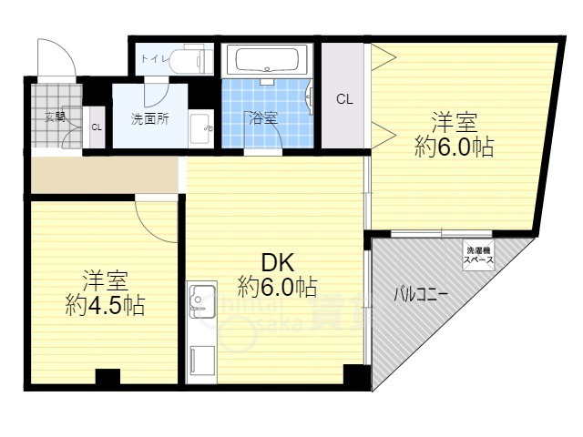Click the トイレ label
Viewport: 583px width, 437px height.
[151, 61]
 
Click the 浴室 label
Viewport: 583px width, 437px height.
[264, 118]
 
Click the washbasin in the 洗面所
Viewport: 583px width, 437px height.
[200, 128]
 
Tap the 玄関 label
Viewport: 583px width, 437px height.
[54, 116]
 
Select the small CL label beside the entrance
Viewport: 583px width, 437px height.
[96, 127]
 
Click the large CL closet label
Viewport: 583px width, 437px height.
[344, 99]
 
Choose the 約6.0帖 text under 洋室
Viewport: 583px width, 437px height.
[454, 147]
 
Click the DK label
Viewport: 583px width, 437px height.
[277, 263]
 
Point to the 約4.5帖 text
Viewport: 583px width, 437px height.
[105, 305]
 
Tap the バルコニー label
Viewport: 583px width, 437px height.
[419, 294]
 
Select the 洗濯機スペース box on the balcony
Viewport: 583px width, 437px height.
[479, 256]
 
